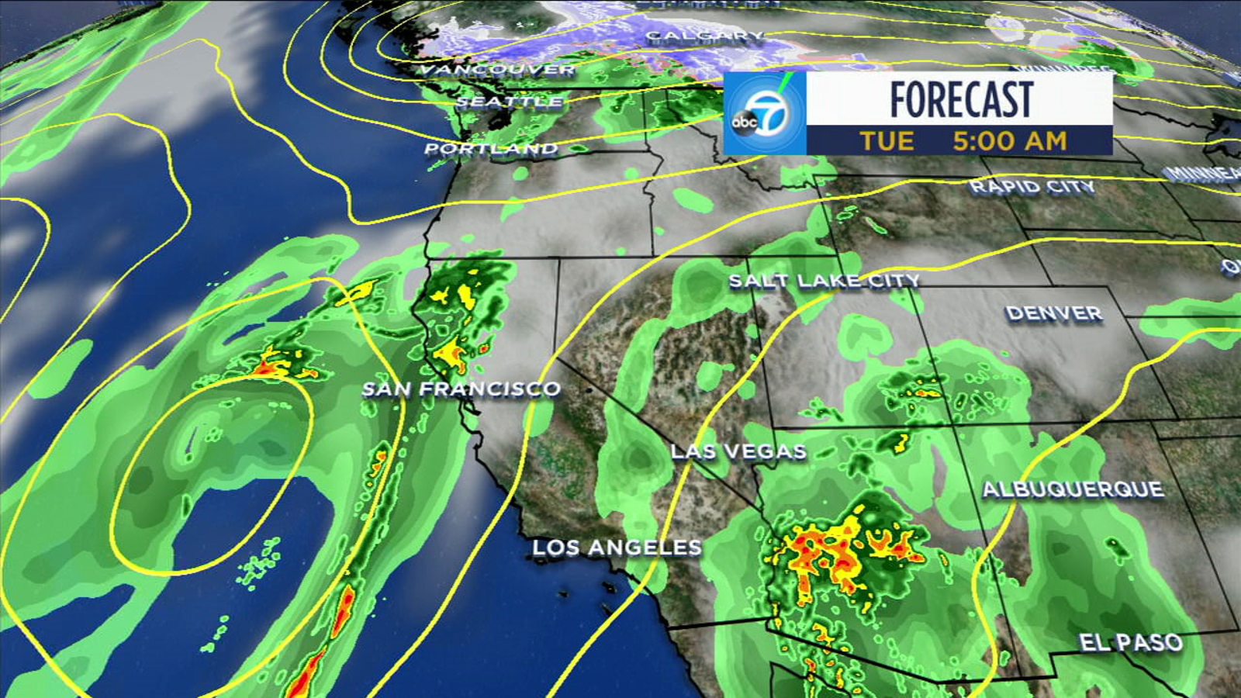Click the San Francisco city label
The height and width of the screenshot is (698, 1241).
click(461, 389)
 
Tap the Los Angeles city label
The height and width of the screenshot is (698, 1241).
click(617, 548)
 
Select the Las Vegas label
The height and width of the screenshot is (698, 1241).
click(738, 451)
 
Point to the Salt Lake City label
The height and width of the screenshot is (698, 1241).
click(824, 281)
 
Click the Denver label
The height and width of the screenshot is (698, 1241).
click(1054, 313)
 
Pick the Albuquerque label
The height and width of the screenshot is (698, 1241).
click(1073, 489)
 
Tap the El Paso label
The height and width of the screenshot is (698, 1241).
click(1131, 642)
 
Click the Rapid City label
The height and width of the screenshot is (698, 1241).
click(1032, 187)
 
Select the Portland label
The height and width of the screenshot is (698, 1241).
click(491, 148)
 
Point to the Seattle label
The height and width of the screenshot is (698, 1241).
click(510, 102)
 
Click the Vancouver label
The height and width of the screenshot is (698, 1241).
click(497, 70)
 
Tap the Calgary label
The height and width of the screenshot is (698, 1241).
click(704, 36)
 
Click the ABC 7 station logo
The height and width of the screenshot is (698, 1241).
click(764, 113)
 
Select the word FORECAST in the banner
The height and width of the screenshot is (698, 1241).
click(961, 99)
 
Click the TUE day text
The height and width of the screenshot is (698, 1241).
click(887, 141)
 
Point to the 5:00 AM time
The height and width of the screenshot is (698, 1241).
click(1010, 141)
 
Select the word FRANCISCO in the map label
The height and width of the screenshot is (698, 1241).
click(490, 389)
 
